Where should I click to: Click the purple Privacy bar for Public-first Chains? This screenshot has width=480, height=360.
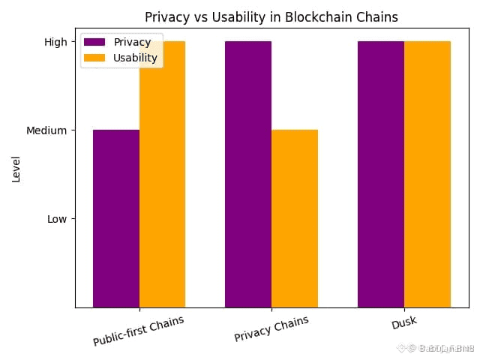(115, 218)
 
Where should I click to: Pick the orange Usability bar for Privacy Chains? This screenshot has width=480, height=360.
(295, 218)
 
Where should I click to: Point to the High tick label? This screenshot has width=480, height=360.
(55, 42)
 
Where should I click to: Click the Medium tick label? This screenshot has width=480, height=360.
(46, 130)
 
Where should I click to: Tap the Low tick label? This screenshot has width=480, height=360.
(57, 219)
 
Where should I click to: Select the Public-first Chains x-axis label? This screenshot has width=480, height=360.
(139, 331)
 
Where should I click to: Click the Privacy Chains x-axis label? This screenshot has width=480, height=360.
(271, 328)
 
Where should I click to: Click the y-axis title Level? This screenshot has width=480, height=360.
(16, 169)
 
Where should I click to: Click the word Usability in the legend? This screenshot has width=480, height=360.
(135, 58)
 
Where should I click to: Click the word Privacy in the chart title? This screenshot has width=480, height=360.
(167, 17)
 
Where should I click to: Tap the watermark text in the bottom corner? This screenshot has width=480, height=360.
(438, 348)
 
